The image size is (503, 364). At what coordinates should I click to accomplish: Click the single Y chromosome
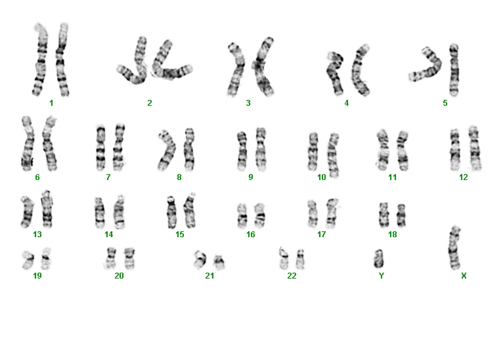coord(378,259)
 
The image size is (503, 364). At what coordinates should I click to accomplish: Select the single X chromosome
coord(454,248)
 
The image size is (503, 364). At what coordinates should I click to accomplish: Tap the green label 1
coord(51,103)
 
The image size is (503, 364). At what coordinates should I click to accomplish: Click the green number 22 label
coord(292,276)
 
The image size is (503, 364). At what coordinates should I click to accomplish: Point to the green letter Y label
coord(381,276)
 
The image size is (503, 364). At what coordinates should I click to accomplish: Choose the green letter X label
coord(464,276)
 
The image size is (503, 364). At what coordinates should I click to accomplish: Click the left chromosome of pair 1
coord(40,59)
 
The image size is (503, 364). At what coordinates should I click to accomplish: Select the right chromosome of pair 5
coord(454,70)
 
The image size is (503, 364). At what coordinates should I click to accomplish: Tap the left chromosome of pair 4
coord(335,73)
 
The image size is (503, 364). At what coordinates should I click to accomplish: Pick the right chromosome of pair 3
coord(264,67)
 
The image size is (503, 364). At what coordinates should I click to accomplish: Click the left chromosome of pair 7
coord(100,147)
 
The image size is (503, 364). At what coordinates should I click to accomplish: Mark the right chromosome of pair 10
coord(333,155)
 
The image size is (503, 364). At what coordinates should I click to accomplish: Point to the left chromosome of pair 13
coord(28,212)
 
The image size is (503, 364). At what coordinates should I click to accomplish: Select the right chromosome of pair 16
coord(259,216)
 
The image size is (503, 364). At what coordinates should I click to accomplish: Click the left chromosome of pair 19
coord(28,260)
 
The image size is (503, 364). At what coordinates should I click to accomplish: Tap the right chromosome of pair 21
coord(219,262)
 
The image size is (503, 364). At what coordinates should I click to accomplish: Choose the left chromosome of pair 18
coord(383,215)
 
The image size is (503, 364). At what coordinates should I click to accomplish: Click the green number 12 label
coord(463,177)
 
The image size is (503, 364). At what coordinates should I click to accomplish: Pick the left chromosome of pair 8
coord(167,150)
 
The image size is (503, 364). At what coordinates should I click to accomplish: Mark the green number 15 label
coord(180,235)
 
